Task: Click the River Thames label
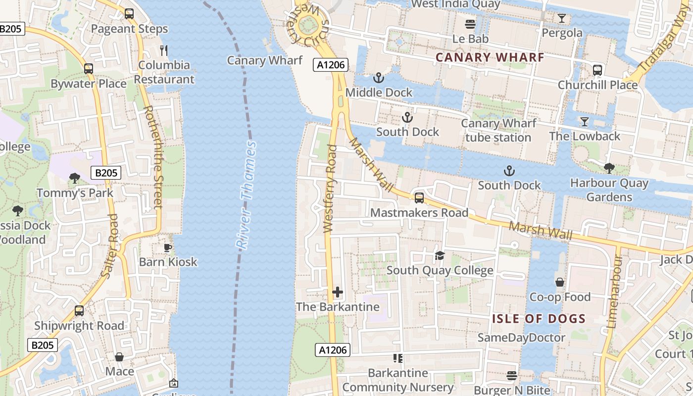click(247, 196)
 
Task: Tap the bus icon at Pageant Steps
click(129, 14)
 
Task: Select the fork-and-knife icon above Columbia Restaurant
click(164, 50)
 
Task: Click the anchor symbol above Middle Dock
click(379, 78)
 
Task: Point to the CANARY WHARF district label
click(490, 57)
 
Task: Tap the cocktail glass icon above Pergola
click(561, 19)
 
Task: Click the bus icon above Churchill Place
click(597, 70)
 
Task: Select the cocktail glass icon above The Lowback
click(584, 122)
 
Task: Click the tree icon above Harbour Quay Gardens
click(609, 168)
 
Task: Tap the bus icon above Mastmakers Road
click(419, 198)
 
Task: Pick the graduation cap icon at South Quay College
click(440, 256)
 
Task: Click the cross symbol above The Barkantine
click(338, 292)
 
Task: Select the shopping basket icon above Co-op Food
click(560, 283)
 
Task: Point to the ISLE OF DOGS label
click(539, 319)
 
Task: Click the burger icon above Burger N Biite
click(512, 376)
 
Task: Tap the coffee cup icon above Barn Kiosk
click(168, 247)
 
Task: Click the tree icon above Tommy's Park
click(75, 178)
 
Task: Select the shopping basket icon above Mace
click(119, 357)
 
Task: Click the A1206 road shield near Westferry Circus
click(331, 65)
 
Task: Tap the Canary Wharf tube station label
click(498, 130)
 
